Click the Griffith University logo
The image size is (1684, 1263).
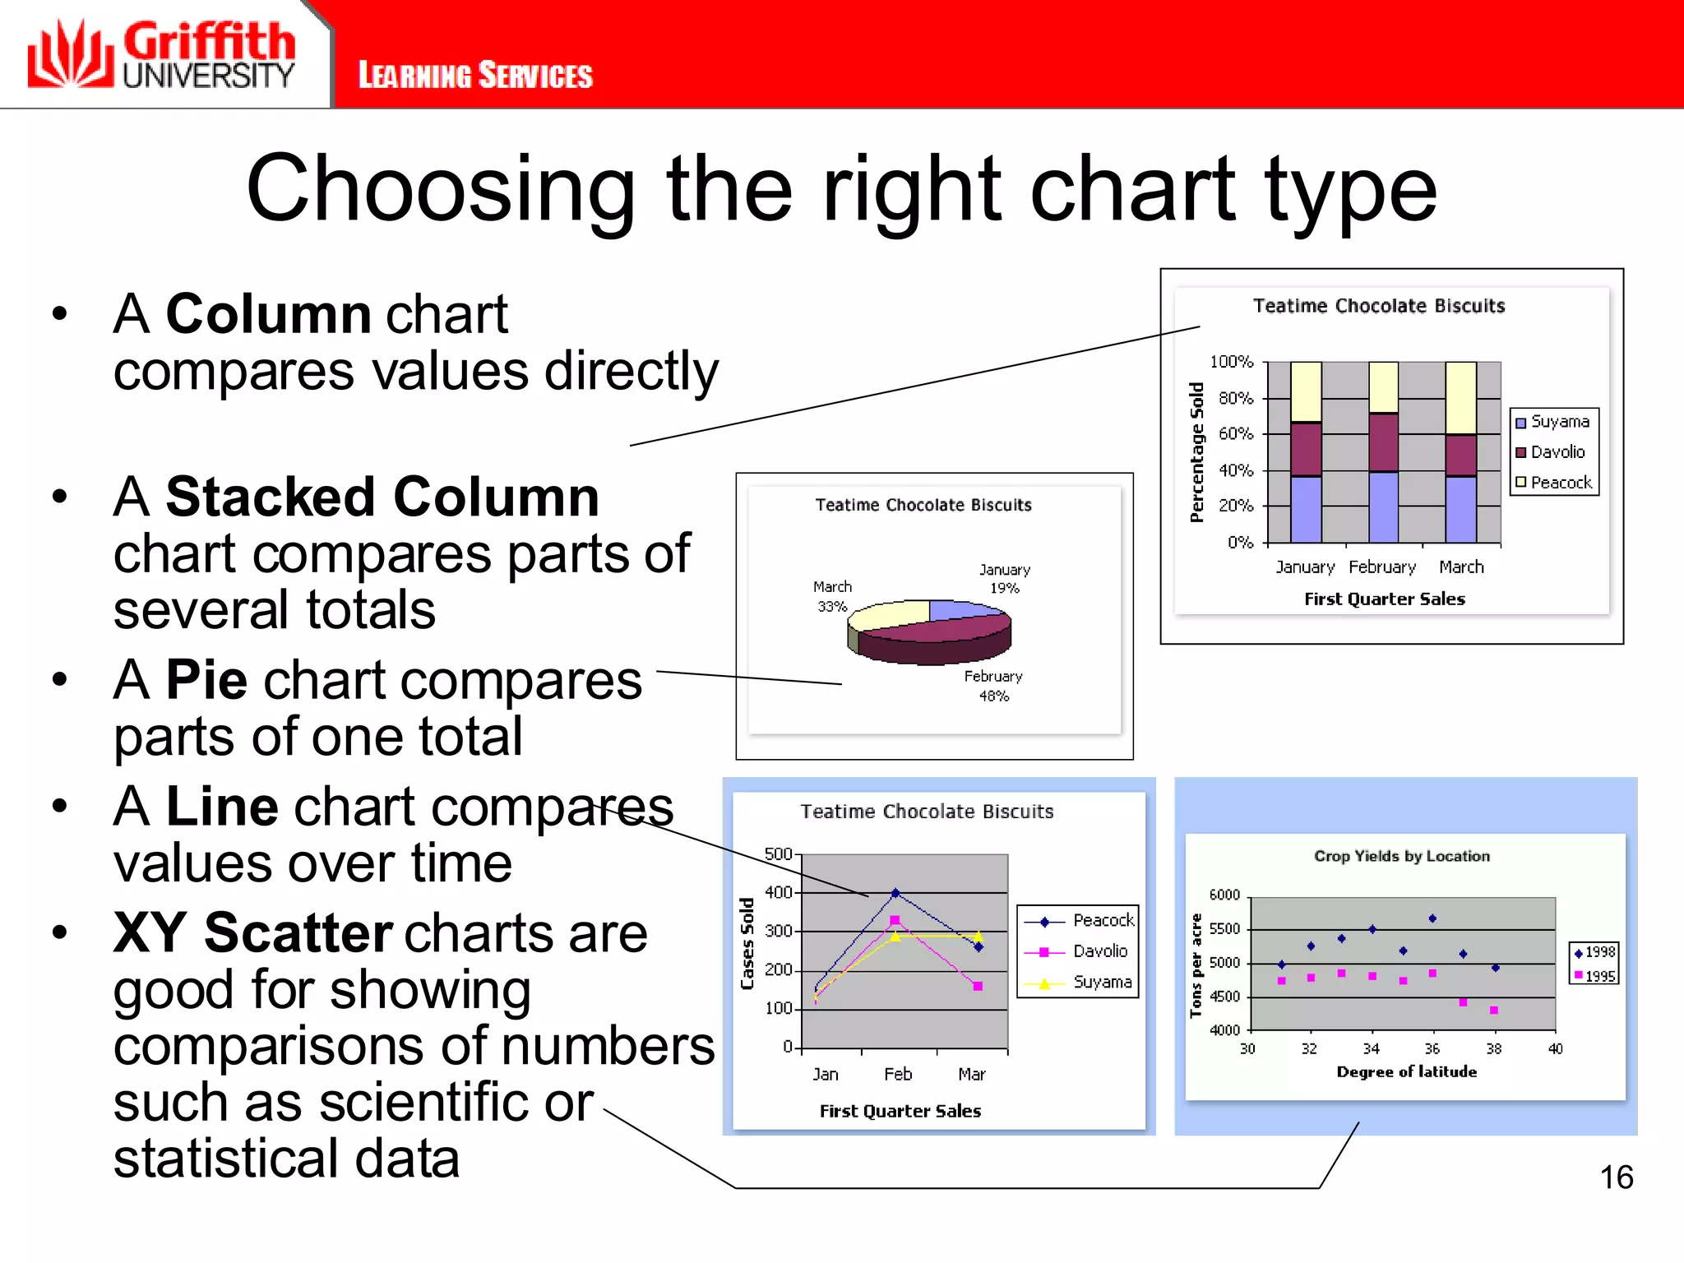[161, 54]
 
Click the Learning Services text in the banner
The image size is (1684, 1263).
[475, 76]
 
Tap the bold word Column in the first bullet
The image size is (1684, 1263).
[268, 314]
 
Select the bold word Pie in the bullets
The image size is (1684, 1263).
[206, 680]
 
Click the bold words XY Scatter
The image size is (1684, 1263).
[253, 932]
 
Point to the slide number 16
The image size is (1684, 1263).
[1616, 1177]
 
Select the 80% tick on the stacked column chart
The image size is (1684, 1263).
[1235, 398]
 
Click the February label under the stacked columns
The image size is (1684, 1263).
[1382, 567]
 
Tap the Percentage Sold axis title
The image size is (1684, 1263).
[1196, 452]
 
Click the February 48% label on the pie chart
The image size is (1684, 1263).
[993, 686]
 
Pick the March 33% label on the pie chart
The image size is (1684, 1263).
[832, 596]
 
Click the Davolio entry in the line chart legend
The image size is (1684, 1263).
[1099, 951]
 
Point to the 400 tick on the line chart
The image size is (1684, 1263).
[778, 892]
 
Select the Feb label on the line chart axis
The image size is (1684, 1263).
[898, 1074]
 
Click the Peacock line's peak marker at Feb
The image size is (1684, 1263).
[895, 893]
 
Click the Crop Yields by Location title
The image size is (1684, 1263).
[1401, 856]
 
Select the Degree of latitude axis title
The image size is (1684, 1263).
[1406, 1071]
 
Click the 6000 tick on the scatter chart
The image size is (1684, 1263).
[1224, 895]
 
